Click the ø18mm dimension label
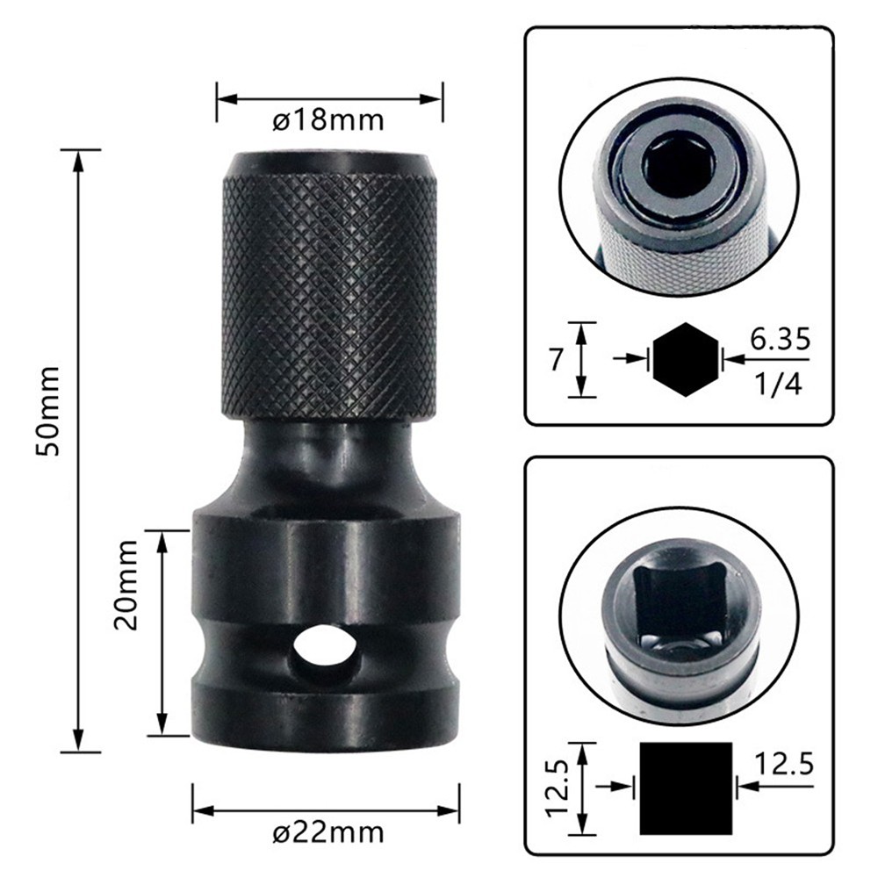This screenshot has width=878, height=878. click(329, 120)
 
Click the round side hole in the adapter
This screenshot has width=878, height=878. click(326, 648)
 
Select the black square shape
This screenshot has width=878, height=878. click(686, 788)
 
